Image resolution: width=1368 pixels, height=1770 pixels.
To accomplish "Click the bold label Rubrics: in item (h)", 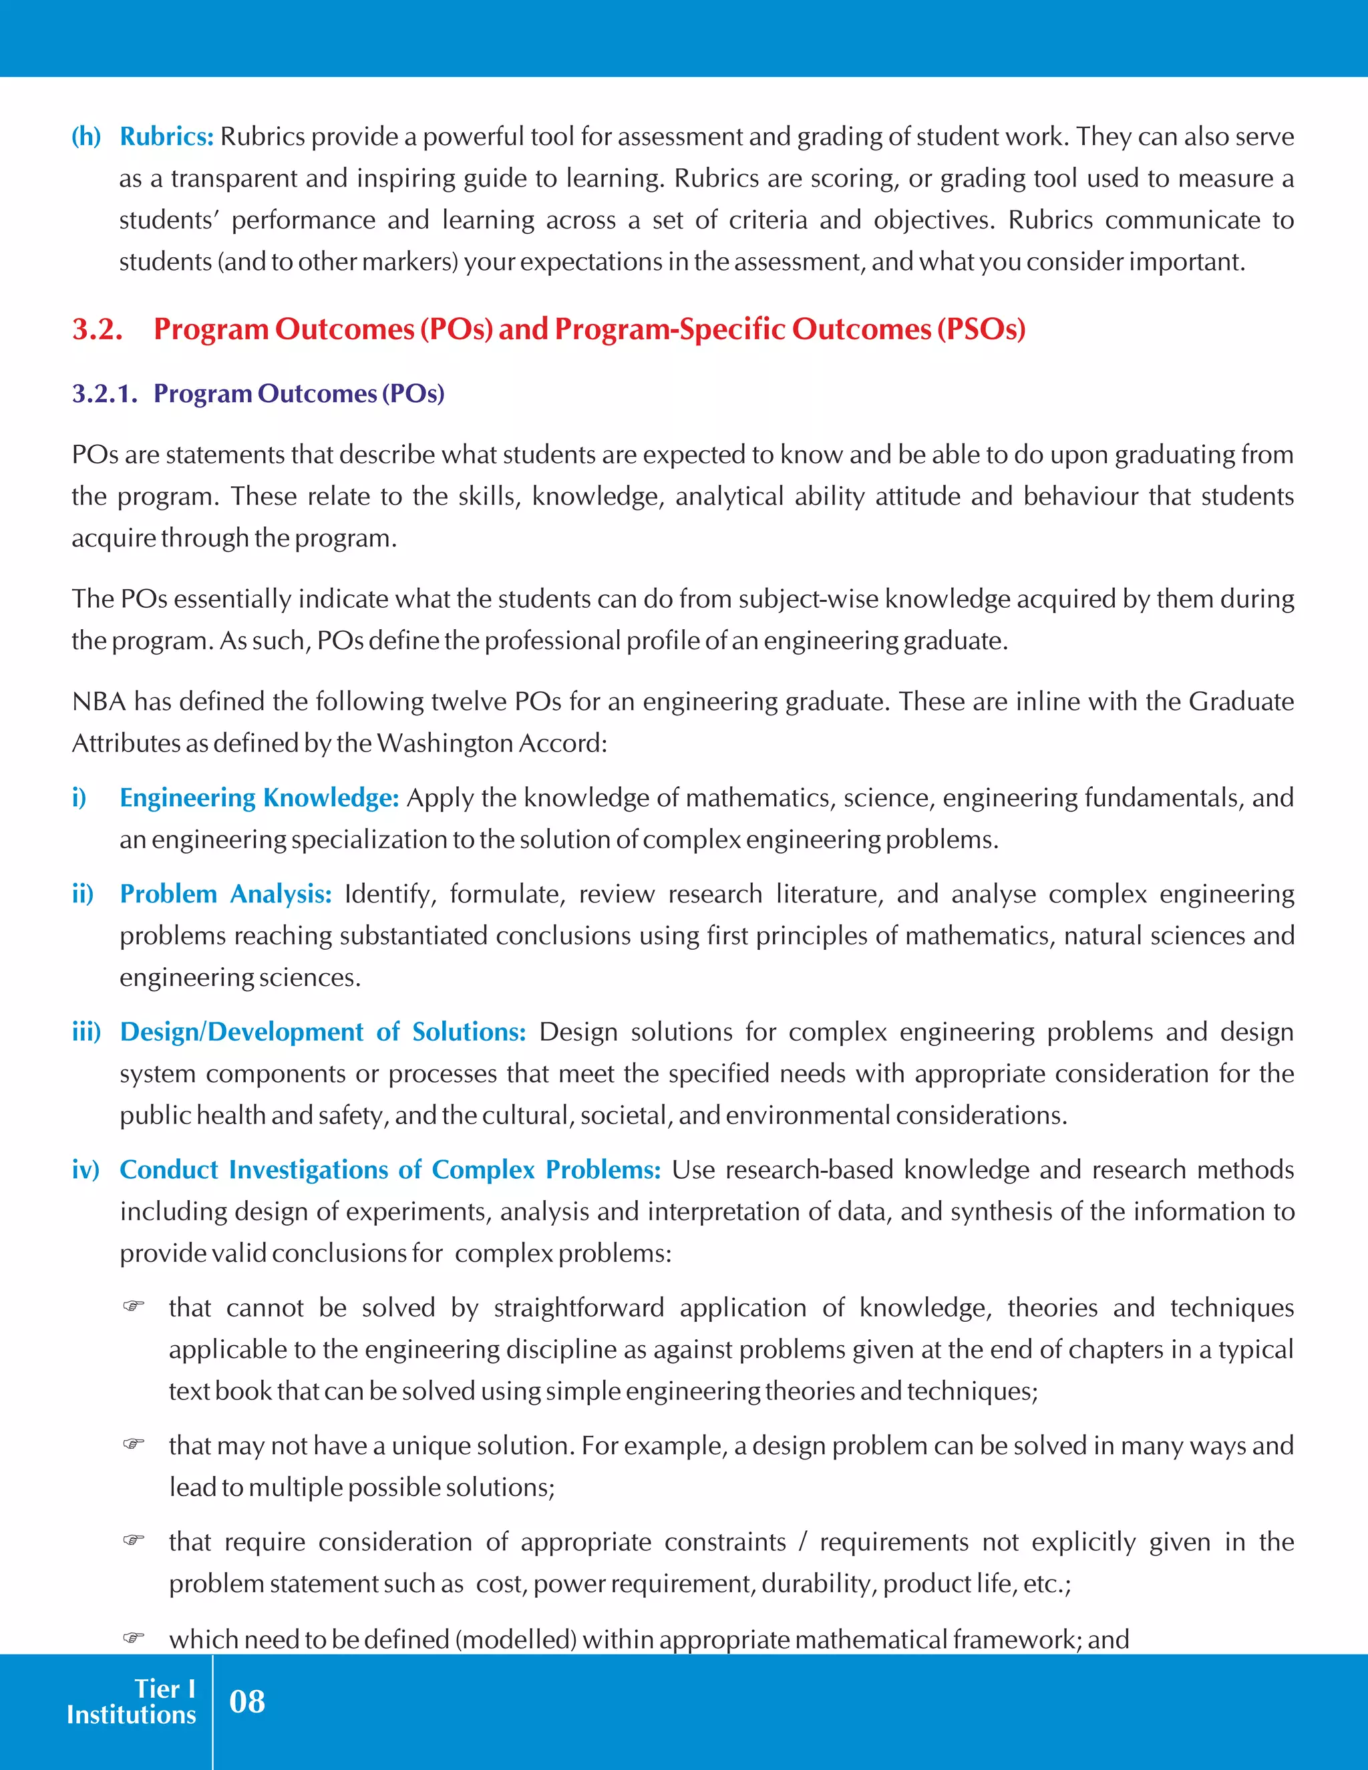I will click(x=166, y=137).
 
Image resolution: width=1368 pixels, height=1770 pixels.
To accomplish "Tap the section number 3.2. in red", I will click(x=98, y=329).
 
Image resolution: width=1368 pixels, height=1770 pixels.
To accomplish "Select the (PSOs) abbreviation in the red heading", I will click(x=981, y=329).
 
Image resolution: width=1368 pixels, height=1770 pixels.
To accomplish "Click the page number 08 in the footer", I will click(x=246, y=1701).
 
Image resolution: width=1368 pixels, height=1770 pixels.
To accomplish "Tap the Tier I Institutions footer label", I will click(x=132, y=1701).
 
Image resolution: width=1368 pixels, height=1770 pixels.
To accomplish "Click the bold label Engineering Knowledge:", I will click(x=259, y=798).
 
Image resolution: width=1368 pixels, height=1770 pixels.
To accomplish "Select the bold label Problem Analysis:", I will click(x=225, y=894).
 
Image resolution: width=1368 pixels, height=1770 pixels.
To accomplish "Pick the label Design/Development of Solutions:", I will click(x=323, y=1032).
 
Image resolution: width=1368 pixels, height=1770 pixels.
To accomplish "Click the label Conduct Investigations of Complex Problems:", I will click(x=390, y=1170).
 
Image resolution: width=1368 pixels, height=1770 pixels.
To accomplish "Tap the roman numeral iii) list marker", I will click(x=86, y=1032).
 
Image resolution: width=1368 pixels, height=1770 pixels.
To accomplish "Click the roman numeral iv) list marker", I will click(x=85, y=1170).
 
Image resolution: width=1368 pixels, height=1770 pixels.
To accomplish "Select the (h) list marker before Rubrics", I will click(x=86, y=137).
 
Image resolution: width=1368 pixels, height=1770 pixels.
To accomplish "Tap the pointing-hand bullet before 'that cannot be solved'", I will click(x=134, y=1306).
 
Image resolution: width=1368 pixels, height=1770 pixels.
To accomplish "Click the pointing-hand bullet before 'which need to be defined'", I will click(x=134, y=1638).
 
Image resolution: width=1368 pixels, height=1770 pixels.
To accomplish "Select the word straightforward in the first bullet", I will click(x=578, y=1307).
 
